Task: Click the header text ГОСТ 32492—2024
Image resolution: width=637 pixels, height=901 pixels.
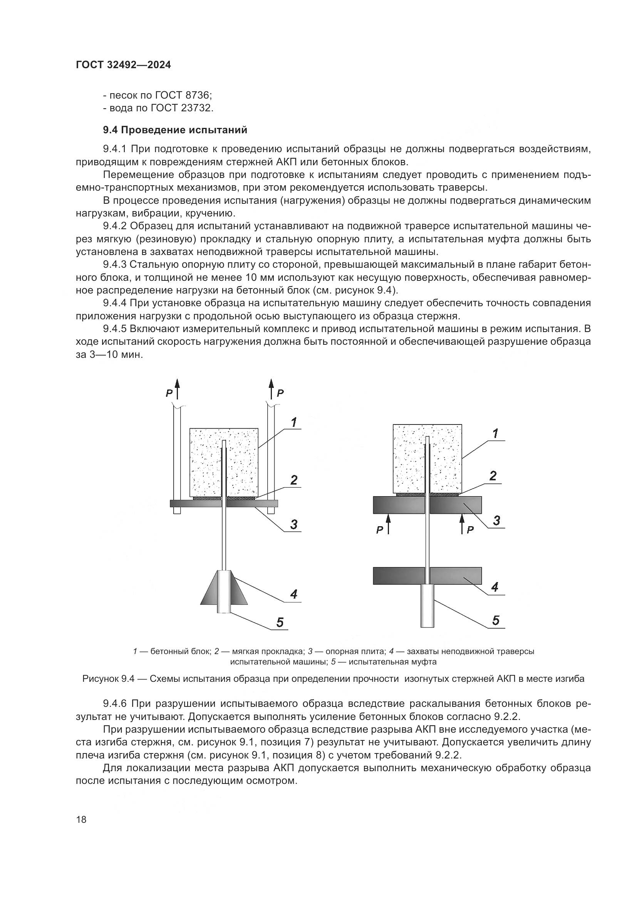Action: click(x=123, y=65)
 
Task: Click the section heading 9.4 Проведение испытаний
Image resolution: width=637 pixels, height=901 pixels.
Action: click(x=175, y=130)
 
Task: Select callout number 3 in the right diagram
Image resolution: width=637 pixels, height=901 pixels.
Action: click(x=496, y=521)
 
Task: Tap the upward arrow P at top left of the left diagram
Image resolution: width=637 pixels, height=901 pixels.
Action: click(x=177, y=388)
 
